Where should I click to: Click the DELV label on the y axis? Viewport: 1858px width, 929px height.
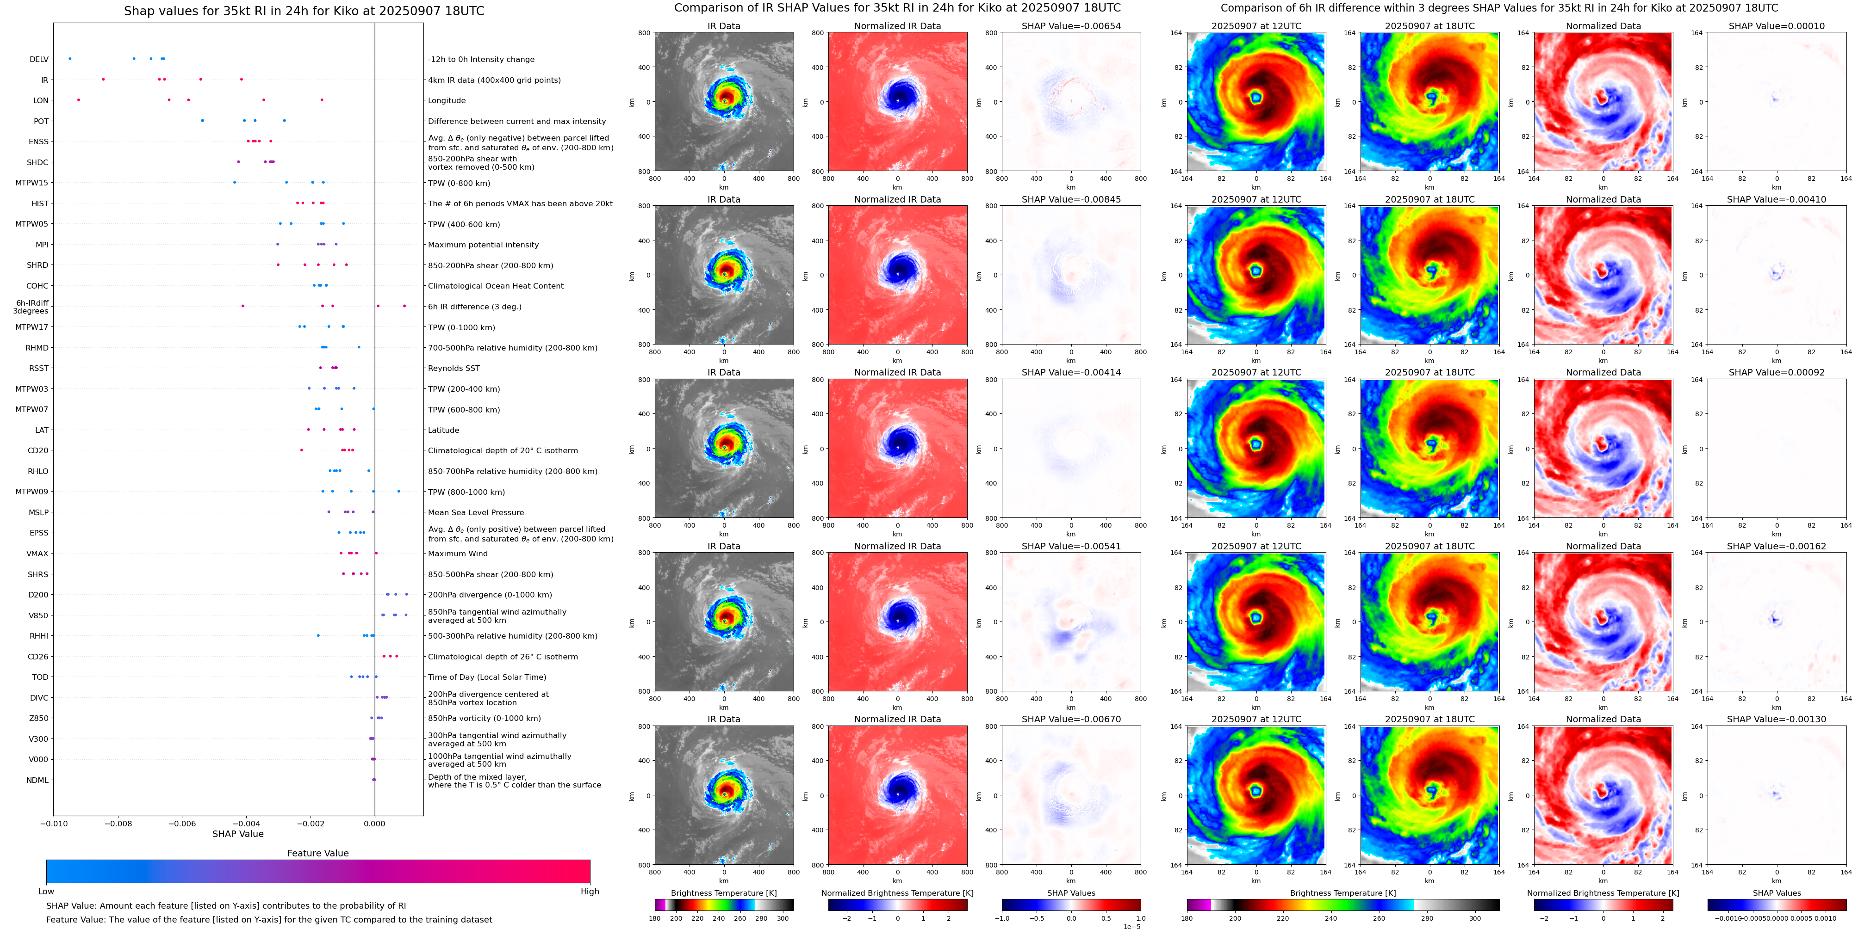click(x=39, y=60)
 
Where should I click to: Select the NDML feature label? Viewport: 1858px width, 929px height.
click(x=37, y=780)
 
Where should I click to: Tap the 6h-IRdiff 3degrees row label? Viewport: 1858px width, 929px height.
click(x=32, y=307)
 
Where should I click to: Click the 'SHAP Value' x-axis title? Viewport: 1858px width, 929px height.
click(x=237, y=834)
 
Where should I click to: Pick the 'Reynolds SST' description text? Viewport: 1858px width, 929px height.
click(x=454, y=368)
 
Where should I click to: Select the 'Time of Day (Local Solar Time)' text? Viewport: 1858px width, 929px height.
click(x=487, y=677)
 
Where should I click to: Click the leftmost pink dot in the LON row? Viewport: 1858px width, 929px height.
click(x=79, y=100)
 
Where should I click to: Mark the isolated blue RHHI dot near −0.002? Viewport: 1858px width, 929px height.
click(x=318, y=636)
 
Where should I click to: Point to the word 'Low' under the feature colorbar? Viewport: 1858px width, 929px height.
click(x=46, y=892)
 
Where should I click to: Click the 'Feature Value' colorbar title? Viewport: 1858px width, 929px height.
click(x=317, y=853)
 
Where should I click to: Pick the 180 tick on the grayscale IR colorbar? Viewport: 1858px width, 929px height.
click(x=655, y=919)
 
